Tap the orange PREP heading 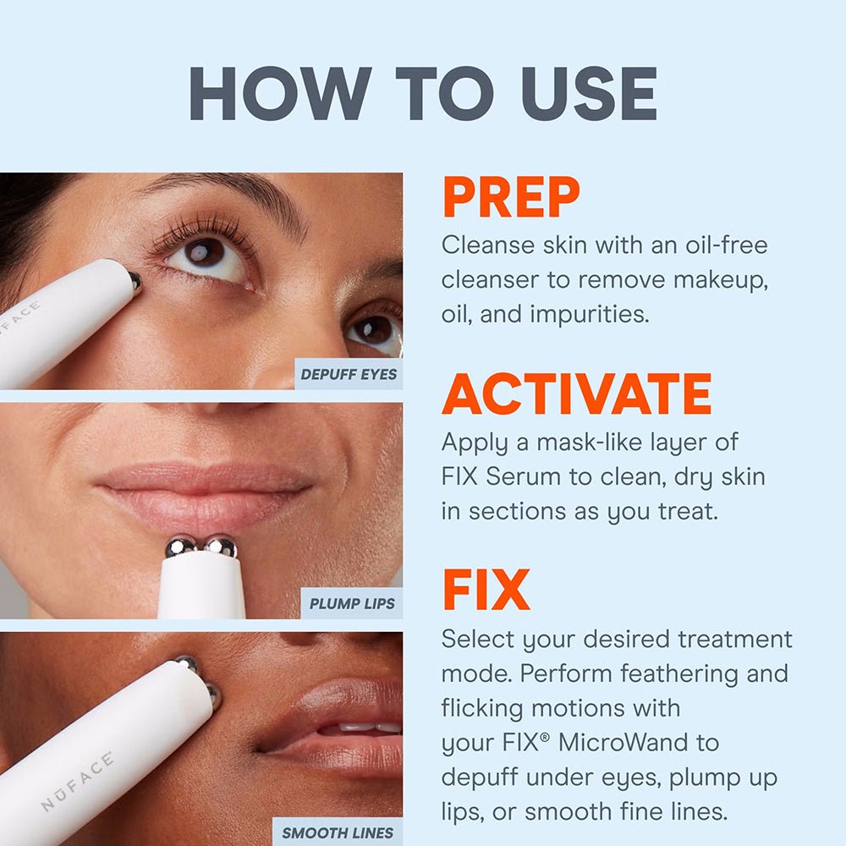pos(510,198)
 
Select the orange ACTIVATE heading pos(576,393)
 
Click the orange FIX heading pos(486,590)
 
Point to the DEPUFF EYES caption pos(349,374)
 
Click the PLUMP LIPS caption pos(351,604)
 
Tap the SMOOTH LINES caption pos(338,832)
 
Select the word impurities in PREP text pos(589,313)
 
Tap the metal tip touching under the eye pos(135,281)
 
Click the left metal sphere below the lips pos(180,547)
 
